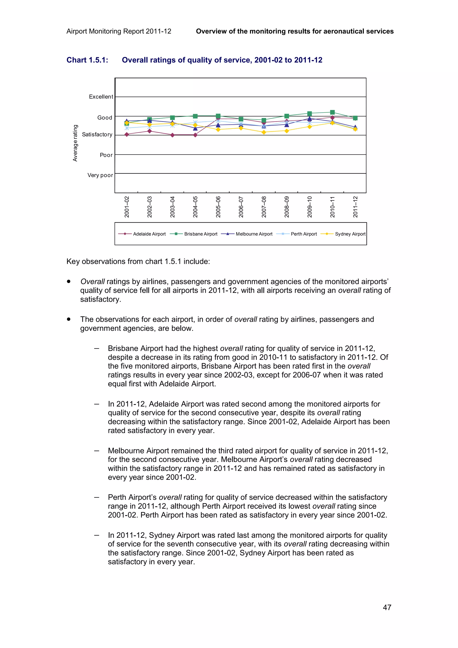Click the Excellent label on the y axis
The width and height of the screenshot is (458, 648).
point(101,97)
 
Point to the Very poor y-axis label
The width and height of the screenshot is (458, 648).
point(100,175)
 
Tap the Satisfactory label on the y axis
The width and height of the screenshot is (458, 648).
point(97,135)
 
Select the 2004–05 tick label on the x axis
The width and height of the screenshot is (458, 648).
point(195,207)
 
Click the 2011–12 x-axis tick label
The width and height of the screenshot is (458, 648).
point(355,207)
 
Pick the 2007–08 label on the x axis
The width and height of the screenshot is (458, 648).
point(264,207)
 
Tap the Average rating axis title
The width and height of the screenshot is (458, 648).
point(75,143)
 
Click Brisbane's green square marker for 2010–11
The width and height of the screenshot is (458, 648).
point(332,112)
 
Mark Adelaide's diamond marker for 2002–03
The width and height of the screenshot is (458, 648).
point(150,131)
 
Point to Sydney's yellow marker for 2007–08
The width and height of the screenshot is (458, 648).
point(264,132)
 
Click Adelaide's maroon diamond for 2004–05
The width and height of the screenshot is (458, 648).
point(195,135)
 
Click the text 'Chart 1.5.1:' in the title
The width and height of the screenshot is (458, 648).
point(87,60)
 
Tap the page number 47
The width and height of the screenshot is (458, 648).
point(387,607)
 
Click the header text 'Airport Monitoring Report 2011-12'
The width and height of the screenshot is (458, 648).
point(119,31)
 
